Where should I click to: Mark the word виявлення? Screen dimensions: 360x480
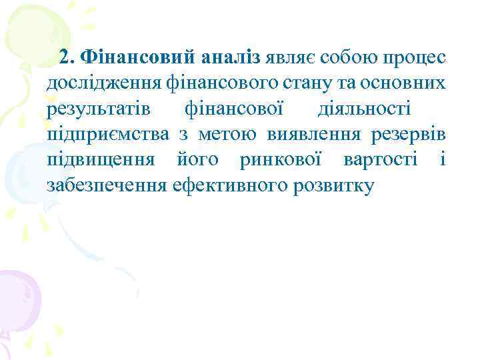pyautogui.click(x=310, y=135)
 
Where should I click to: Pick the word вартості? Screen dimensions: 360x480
pyautogui.click(x=381, y=160)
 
